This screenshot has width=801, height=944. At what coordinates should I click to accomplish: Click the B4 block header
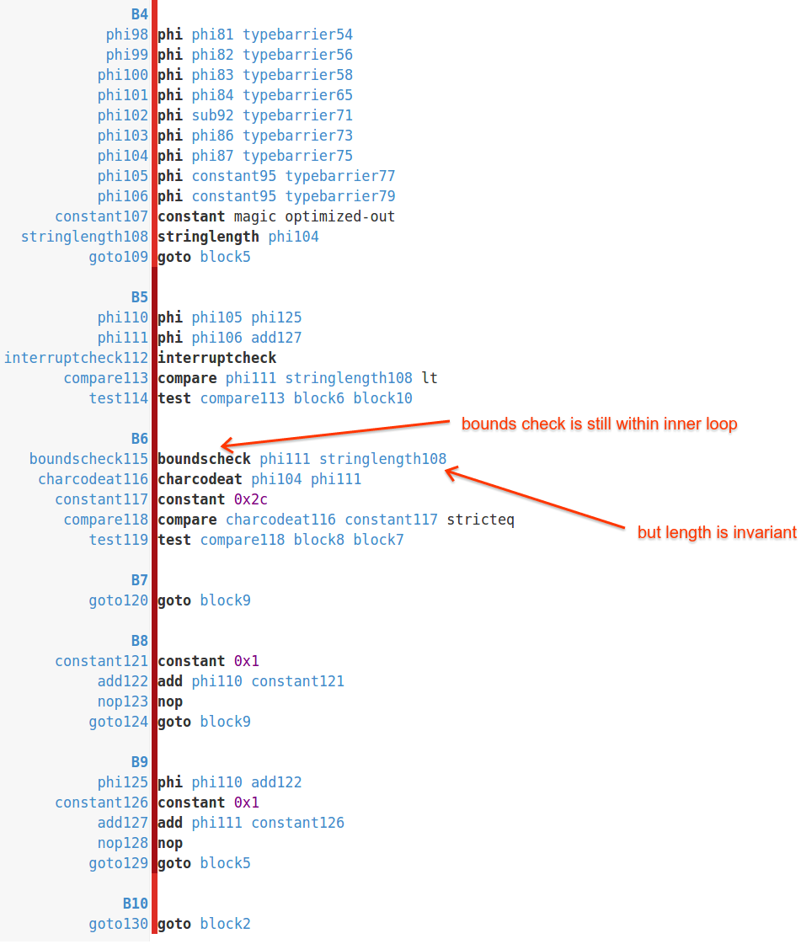[x=139, y=14]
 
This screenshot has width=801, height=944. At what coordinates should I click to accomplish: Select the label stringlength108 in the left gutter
[x=84, y=237]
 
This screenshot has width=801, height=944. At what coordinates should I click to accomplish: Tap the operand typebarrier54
[x=297, y=35]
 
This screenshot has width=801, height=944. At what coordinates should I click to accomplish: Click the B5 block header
[x=139, y=297]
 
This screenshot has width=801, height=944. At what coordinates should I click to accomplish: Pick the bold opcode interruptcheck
[x=216, y=358]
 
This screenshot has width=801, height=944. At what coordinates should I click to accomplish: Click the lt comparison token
[x=430, y=378]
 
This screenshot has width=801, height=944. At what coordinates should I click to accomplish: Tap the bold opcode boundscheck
[x=204, y=459]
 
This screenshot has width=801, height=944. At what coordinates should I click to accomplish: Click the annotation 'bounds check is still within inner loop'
[x=599, y=424]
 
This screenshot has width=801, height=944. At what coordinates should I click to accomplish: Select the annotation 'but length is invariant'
[x=717, y=532]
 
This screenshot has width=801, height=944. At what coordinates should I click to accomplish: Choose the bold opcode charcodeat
[x=200, y=479]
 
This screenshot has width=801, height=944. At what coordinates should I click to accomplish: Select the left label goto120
[x=118, y=600]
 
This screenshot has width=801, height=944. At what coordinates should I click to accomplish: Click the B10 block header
[x=135, y=904]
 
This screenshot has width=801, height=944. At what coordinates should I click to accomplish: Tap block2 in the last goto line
[x=225, y=924]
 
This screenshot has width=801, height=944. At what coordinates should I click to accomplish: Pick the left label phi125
[x=122, y=782]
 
